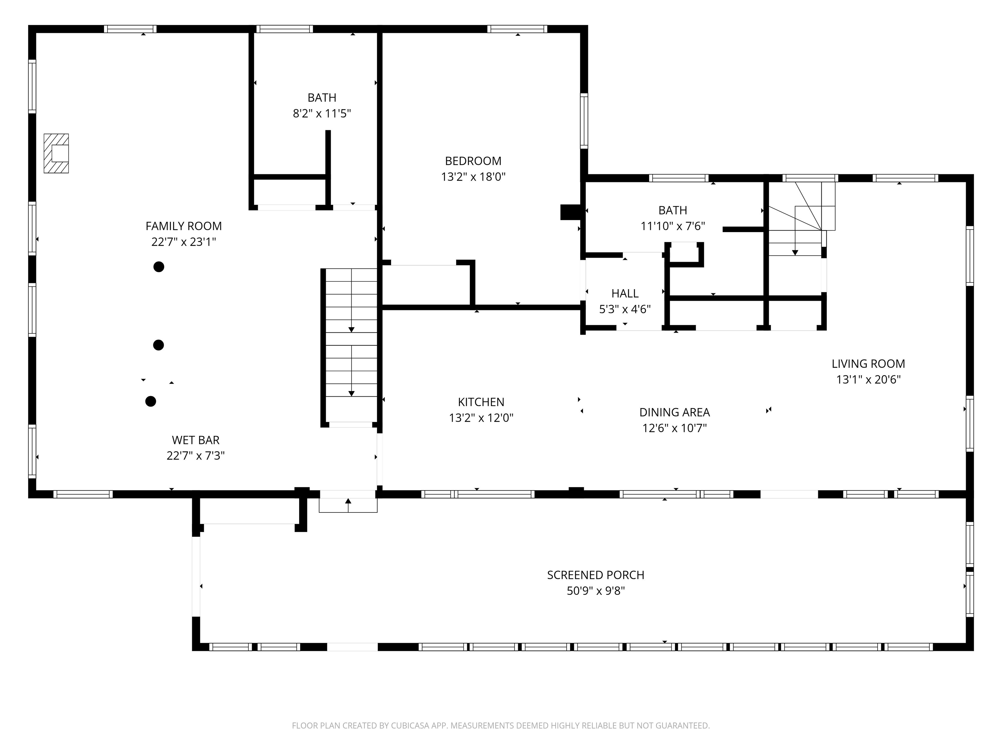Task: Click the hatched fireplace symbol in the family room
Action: coord(56,154)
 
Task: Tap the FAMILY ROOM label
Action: coord(183,226)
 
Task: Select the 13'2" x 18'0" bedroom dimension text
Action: coord(473,177)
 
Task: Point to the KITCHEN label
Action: coord(481,402)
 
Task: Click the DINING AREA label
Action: coord(675,412)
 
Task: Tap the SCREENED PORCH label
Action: coord(596,575)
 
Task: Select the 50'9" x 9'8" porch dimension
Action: coord(596,591)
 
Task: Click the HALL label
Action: coord(625,293)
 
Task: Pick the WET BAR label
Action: coord(196,440)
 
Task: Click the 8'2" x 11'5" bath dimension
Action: coord(322,113)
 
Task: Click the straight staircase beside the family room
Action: coord(351,347)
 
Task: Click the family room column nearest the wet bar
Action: coord(151,401)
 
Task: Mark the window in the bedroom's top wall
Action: coord(517,29)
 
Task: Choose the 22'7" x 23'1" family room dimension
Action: coord(183,242)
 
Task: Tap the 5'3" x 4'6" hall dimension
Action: coord(625,309)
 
